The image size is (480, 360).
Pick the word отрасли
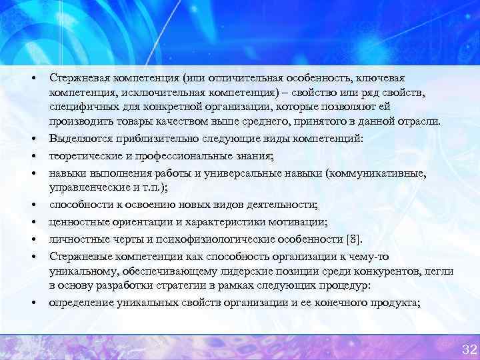pyautogui.click(x=419, y=121)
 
